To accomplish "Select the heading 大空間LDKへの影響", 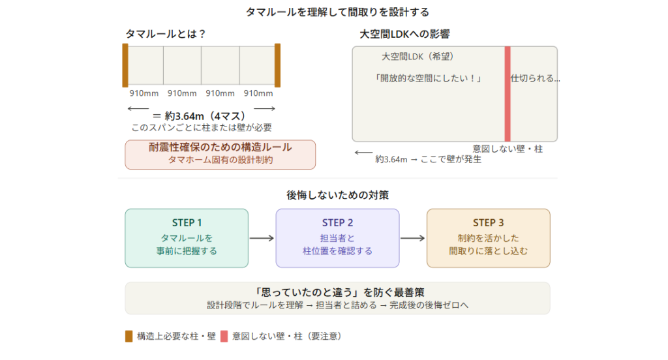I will pos(404,34).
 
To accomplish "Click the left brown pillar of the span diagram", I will pos(125,65).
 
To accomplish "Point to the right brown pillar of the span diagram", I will pos(277,65).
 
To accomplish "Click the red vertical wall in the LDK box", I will pos(507,94).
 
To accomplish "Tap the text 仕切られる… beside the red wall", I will pos(535,78).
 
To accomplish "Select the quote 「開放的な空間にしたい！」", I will pos(429,78).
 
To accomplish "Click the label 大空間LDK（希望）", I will pos(417,57).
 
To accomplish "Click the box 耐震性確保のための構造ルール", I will pos(220,155).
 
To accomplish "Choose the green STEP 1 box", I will pos(187,238).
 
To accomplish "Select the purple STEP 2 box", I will pos(337,238).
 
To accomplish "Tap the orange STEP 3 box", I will pos(488,238).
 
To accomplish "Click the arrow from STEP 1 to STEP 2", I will pos(262,238).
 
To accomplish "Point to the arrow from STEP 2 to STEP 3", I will pos(412,238).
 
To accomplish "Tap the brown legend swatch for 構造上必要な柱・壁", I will pos(129,337).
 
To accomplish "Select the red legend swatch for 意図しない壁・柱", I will pos(224,337).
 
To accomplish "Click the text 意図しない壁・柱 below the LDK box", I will pos(508,149).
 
